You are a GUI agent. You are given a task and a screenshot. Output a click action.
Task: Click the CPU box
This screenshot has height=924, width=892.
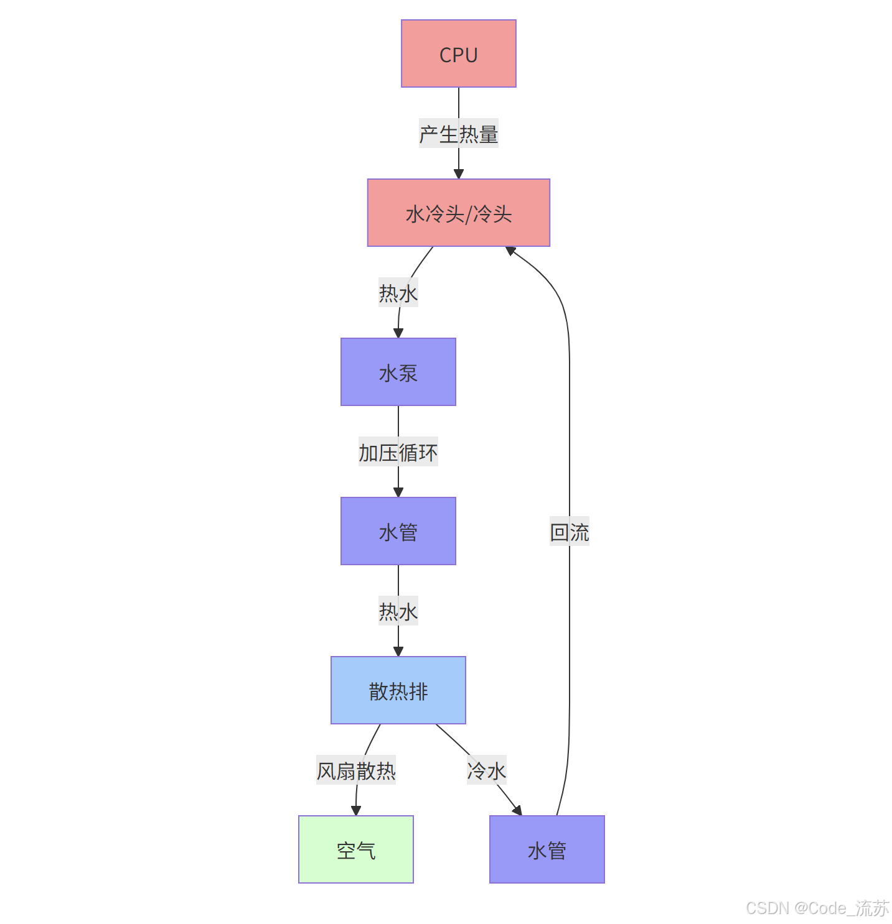[458, 53]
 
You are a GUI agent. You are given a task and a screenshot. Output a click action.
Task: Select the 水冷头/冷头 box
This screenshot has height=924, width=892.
[458, 213]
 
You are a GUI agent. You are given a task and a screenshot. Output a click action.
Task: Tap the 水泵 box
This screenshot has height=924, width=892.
[398, 372]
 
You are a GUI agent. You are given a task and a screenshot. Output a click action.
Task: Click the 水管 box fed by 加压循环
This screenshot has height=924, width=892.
[398, 531]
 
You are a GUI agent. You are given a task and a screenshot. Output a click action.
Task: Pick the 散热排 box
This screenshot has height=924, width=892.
[398, 690]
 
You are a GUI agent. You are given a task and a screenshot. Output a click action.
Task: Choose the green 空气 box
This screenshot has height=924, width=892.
[355, 849]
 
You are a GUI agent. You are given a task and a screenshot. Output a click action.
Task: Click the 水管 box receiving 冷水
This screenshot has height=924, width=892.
[547, 849]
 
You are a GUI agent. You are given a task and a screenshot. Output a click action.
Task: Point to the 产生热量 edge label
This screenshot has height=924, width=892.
[458, 134]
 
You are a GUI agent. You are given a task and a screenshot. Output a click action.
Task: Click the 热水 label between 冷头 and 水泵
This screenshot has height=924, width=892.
[398, 293]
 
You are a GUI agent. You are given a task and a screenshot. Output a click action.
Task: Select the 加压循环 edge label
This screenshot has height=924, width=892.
[398, 452]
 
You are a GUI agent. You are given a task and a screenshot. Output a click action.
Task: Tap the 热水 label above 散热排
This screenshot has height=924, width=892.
[398, 611]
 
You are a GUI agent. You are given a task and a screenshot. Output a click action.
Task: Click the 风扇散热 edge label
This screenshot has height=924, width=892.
[355, 771]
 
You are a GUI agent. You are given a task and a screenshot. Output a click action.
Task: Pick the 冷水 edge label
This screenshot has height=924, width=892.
[486, 771]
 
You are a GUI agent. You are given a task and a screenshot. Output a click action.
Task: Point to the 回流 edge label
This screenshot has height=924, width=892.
[569, 532]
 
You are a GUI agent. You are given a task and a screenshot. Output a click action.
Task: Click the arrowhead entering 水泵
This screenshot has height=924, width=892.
[398, 333]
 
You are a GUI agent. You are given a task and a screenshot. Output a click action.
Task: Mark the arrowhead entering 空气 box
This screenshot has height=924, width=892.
[355, 811]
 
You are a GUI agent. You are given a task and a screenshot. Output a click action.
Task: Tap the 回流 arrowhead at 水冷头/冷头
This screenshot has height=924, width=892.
[510, 251]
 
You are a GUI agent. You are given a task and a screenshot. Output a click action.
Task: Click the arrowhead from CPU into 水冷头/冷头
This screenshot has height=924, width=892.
[458, 174]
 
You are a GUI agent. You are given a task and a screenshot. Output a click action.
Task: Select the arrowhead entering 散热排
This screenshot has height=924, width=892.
[398, 652]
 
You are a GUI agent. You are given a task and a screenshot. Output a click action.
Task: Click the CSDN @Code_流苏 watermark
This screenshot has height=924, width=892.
[817, 908]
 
